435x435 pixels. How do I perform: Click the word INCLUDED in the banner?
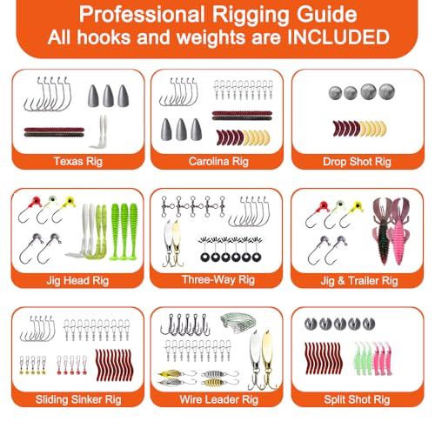pyautogui.click(x=338, y=37)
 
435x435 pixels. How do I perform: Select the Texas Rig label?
pyautogui.click(x=78, y=161)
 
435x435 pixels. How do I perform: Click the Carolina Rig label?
pyautogui.click(x=218, y=161)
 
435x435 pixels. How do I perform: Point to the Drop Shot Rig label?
pyautogui.click(x=357, y=162)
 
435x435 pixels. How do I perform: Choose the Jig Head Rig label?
pyautogui.click(x=77, y=280)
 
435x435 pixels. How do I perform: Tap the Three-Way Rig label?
pyautogui.click(x=218, y=279)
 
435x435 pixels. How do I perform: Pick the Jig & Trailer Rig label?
pyautogui.click(x=359, y=281)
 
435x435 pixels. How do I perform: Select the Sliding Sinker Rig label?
pyautogui.click(x=78, y=399)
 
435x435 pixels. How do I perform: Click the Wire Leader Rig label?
pyautogui.click(x=219, y=399)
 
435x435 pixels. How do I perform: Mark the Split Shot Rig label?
pyautogui.click(x=357, y=399)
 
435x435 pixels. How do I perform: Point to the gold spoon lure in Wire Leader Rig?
pyautogui.click(x=269, y=359)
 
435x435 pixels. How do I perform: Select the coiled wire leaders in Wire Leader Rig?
pyautogui.click(x=238, y=323)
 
